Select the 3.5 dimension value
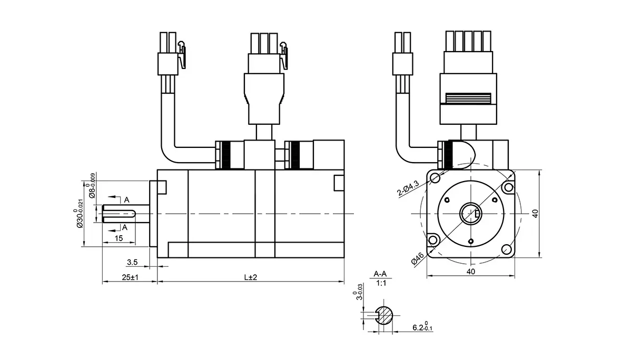click(x=132, y=262)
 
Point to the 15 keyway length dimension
click(x=118, y=238)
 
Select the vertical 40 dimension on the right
click(x=535, y=214)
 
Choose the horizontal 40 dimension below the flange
click(x=471, y=272)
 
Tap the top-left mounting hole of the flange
click(x=436, y=178)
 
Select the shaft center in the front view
click(x=470, y=213)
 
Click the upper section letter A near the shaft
click(x=126, y=199)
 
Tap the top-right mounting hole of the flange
click(x=508, y=187)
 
